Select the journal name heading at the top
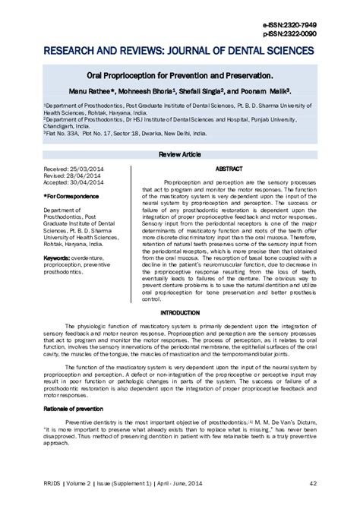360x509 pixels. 179,50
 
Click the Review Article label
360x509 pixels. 180,153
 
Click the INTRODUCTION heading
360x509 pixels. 180,312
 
